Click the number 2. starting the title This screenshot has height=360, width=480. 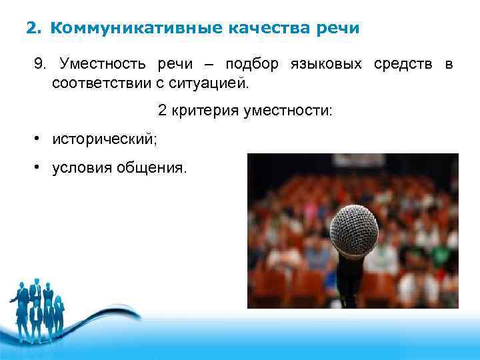point(33,29)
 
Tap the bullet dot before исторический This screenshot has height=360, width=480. point(40,139)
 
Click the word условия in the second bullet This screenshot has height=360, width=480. point(83,168)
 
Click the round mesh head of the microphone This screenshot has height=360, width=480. point(354,231)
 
